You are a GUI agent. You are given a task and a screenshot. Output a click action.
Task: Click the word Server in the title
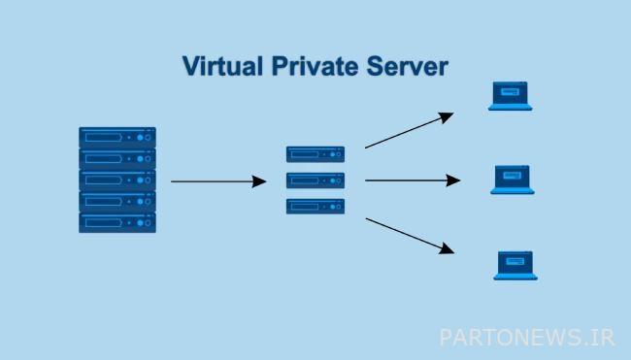(x=404, y=67)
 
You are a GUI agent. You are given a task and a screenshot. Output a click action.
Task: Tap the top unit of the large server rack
(x=117, y=137)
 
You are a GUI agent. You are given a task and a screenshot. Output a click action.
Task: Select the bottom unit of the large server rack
(x=117, y=222)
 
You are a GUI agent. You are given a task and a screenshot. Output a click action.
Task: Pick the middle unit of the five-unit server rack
(x=117, y=180)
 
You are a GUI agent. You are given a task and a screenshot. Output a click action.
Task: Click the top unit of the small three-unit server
(x=315, y=153)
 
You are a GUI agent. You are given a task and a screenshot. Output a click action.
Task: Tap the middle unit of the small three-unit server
(x=315, y=180)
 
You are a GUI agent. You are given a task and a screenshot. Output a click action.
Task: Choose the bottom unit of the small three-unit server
(x=315, y=206)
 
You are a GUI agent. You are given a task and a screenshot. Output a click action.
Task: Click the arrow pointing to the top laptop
(x=408, y=131)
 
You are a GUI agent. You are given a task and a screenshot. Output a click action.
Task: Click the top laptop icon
(x=510, y=95)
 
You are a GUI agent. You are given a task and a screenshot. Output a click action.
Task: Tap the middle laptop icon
(x=513, y=180)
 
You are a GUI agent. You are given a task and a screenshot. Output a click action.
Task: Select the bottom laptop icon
(x=515, y=265)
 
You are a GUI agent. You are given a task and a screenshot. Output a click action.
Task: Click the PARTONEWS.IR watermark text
(x=527, y=337)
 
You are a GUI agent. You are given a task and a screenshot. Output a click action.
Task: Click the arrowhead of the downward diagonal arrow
(x=448, y=250)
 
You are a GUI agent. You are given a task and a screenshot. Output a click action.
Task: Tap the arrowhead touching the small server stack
(x=259, y=180)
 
